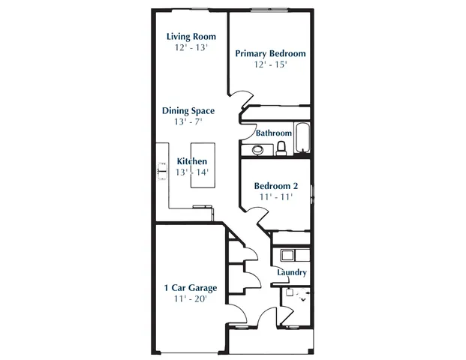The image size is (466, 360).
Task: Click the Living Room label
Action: point(191,36)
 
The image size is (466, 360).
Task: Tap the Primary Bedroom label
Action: point(270,53)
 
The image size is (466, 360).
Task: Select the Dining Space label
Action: point(188,110)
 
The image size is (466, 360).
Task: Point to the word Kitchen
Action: point(191,161)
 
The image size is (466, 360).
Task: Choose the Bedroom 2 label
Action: point(276,186)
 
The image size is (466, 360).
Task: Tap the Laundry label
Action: point(290,272)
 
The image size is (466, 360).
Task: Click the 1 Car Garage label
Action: point(191,287)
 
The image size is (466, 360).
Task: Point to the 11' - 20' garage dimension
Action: point(191,298)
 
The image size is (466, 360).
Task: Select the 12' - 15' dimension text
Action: point(271,64)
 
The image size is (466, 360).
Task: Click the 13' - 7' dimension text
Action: point(188,121)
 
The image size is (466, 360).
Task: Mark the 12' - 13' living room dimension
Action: point(191,47)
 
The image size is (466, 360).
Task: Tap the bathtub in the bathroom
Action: point(302,138)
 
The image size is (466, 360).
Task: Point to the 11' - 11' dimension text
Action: point(276,197)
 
